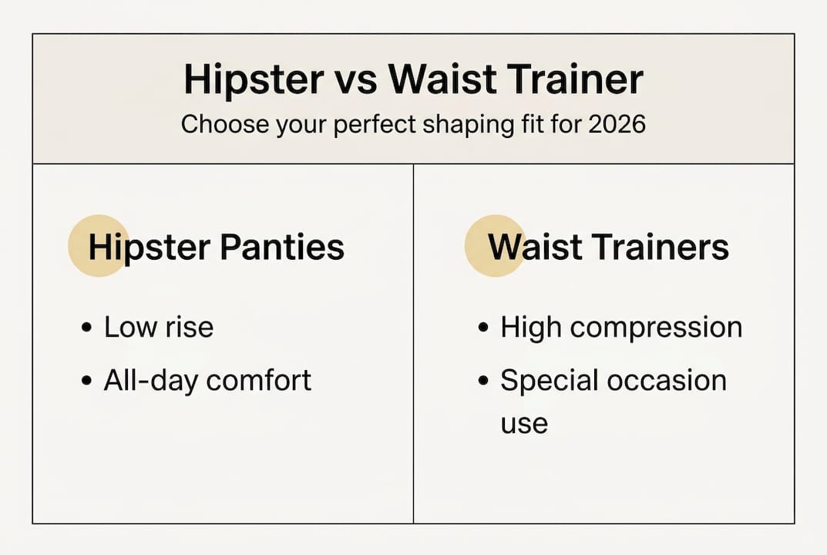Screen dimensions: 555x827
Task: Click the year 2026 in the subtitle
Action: [x=615, y=124]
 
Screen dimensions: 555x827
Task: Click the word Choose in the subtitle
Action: [x=218, y=124]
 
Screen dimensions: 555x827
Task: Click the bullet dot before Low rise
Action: [x=86, y=328]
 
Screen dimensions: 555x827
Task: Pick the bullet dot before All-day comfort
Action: [x=86, y=381]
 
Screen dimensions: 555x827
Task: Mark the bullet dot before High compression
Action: [x=483, y=328]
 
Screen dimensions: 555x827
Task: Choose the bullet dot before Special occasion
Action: [x=483, y=381]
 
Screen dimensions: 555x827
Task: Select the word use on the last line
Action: [x=524, y=423]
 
